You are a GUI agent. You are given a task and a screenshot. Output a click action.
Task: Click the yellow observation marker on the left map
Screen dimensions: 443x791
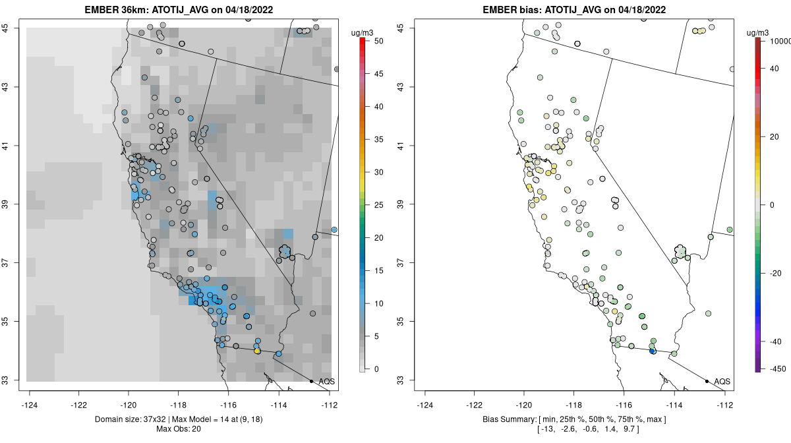(257, 351)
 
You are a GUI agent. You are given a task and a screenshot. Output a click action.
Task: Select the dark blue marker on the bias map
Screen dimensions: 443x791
(653, 351)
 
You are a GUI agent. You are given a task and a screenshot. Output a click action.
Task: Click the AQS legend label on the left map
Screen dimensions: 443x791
(327, 381)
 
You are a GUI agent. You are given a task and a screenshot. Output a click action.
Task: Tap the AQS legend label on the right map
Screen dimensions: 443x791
(722, 381)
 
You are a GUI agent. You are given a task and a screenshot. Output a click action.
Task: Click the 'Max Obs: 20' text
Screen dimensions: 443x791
(179, 429)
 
